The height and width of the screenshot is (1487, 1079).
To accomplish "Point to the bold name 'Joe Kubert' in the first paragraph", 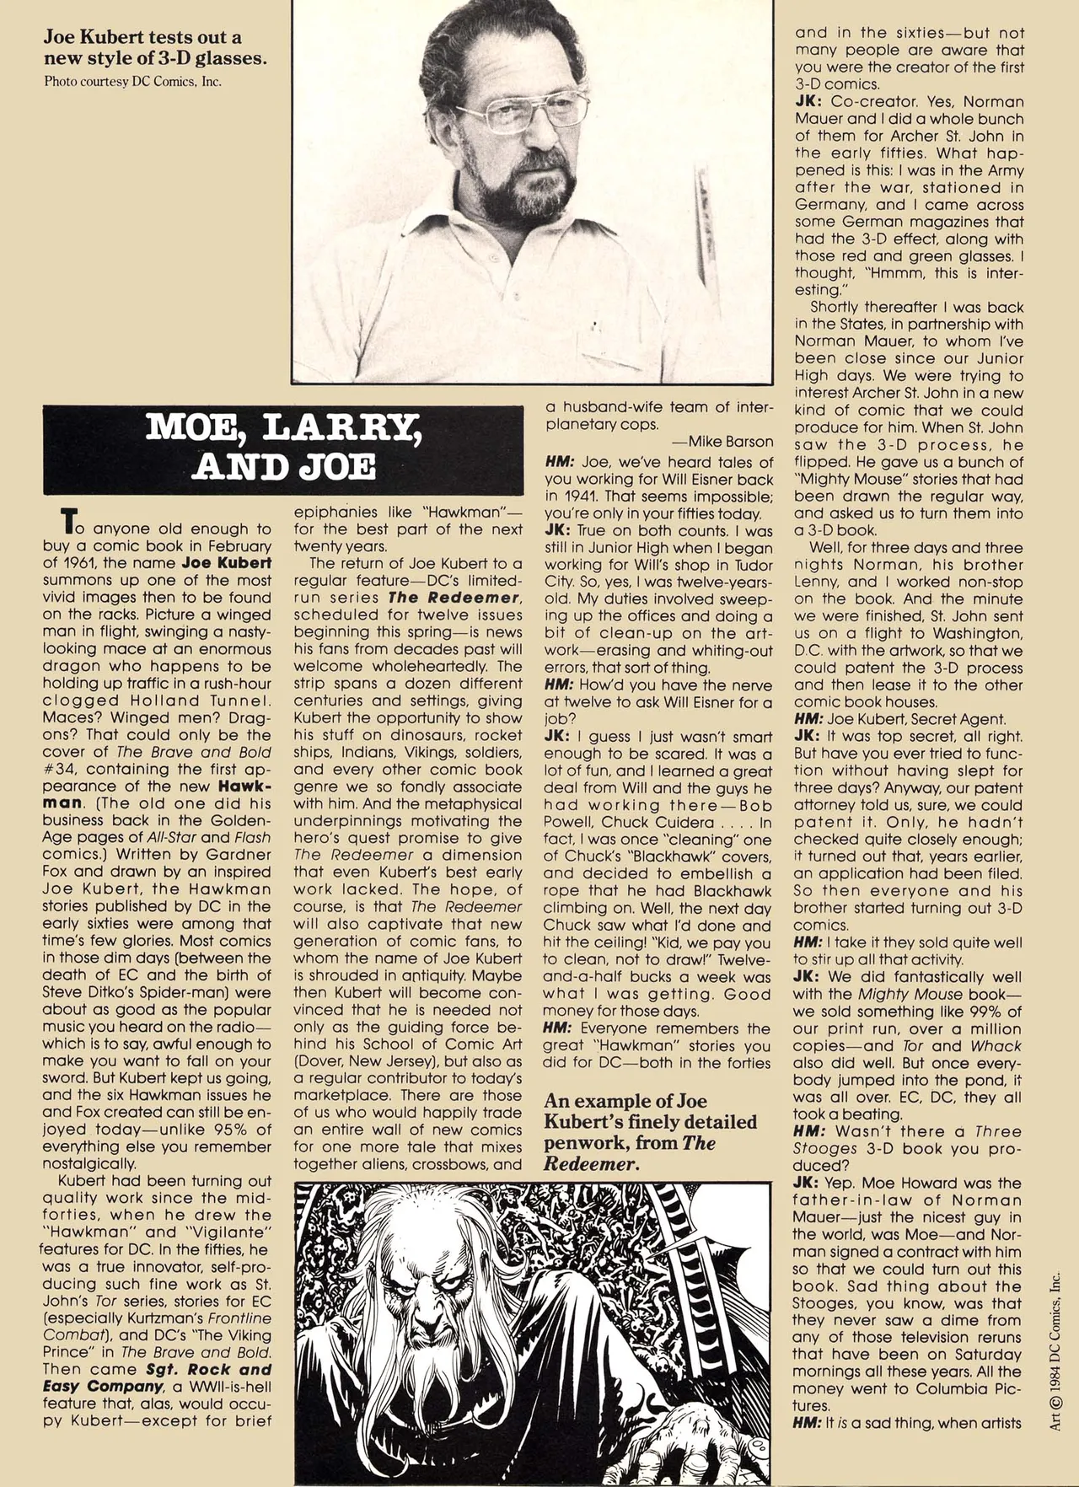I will [x=227, y=563].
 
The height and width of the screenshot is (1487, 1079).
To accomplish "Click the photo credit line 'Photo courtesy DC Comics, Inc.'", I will [x=133, y=82].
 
